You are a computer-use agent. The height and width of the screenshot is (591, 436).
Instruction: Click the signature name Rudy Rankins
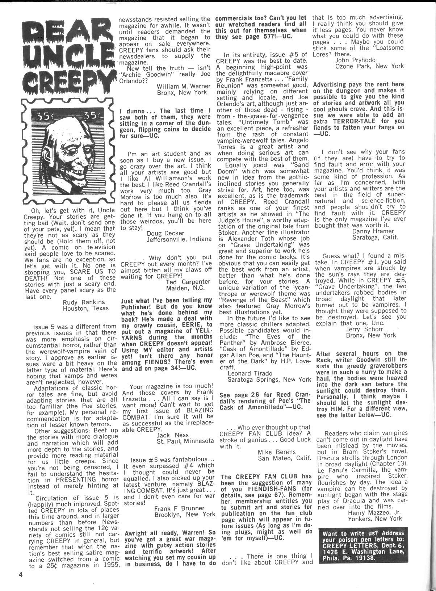coord(84,302)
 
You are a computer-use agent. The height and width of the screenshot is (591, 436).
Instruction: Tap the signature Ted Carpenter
coord(188,281)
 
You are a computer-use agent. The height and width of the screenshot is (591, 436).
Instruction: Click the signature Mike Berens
coord(277,452)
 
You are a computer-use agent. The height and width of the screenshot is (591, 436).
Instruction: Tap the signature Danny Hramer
coord(373,231)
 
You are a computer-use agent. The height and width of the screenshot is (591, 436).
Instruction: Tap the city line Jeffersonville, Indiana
coord(179,239)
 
